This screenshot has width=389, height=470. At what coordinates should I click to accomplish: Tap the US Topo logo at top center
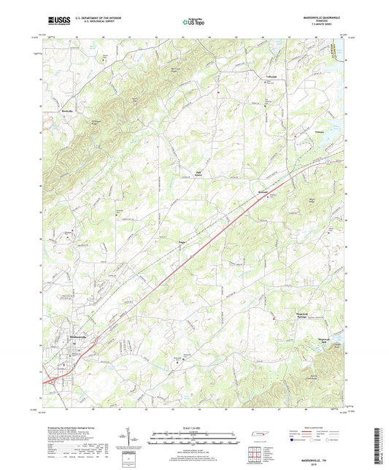click(193, 22)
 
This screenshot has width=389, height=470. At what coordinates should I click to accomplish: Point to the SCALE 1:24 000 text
click(193, 428)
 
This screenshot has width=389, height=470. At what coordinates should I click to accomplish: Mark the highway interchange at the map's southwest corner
click(52, 379)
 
